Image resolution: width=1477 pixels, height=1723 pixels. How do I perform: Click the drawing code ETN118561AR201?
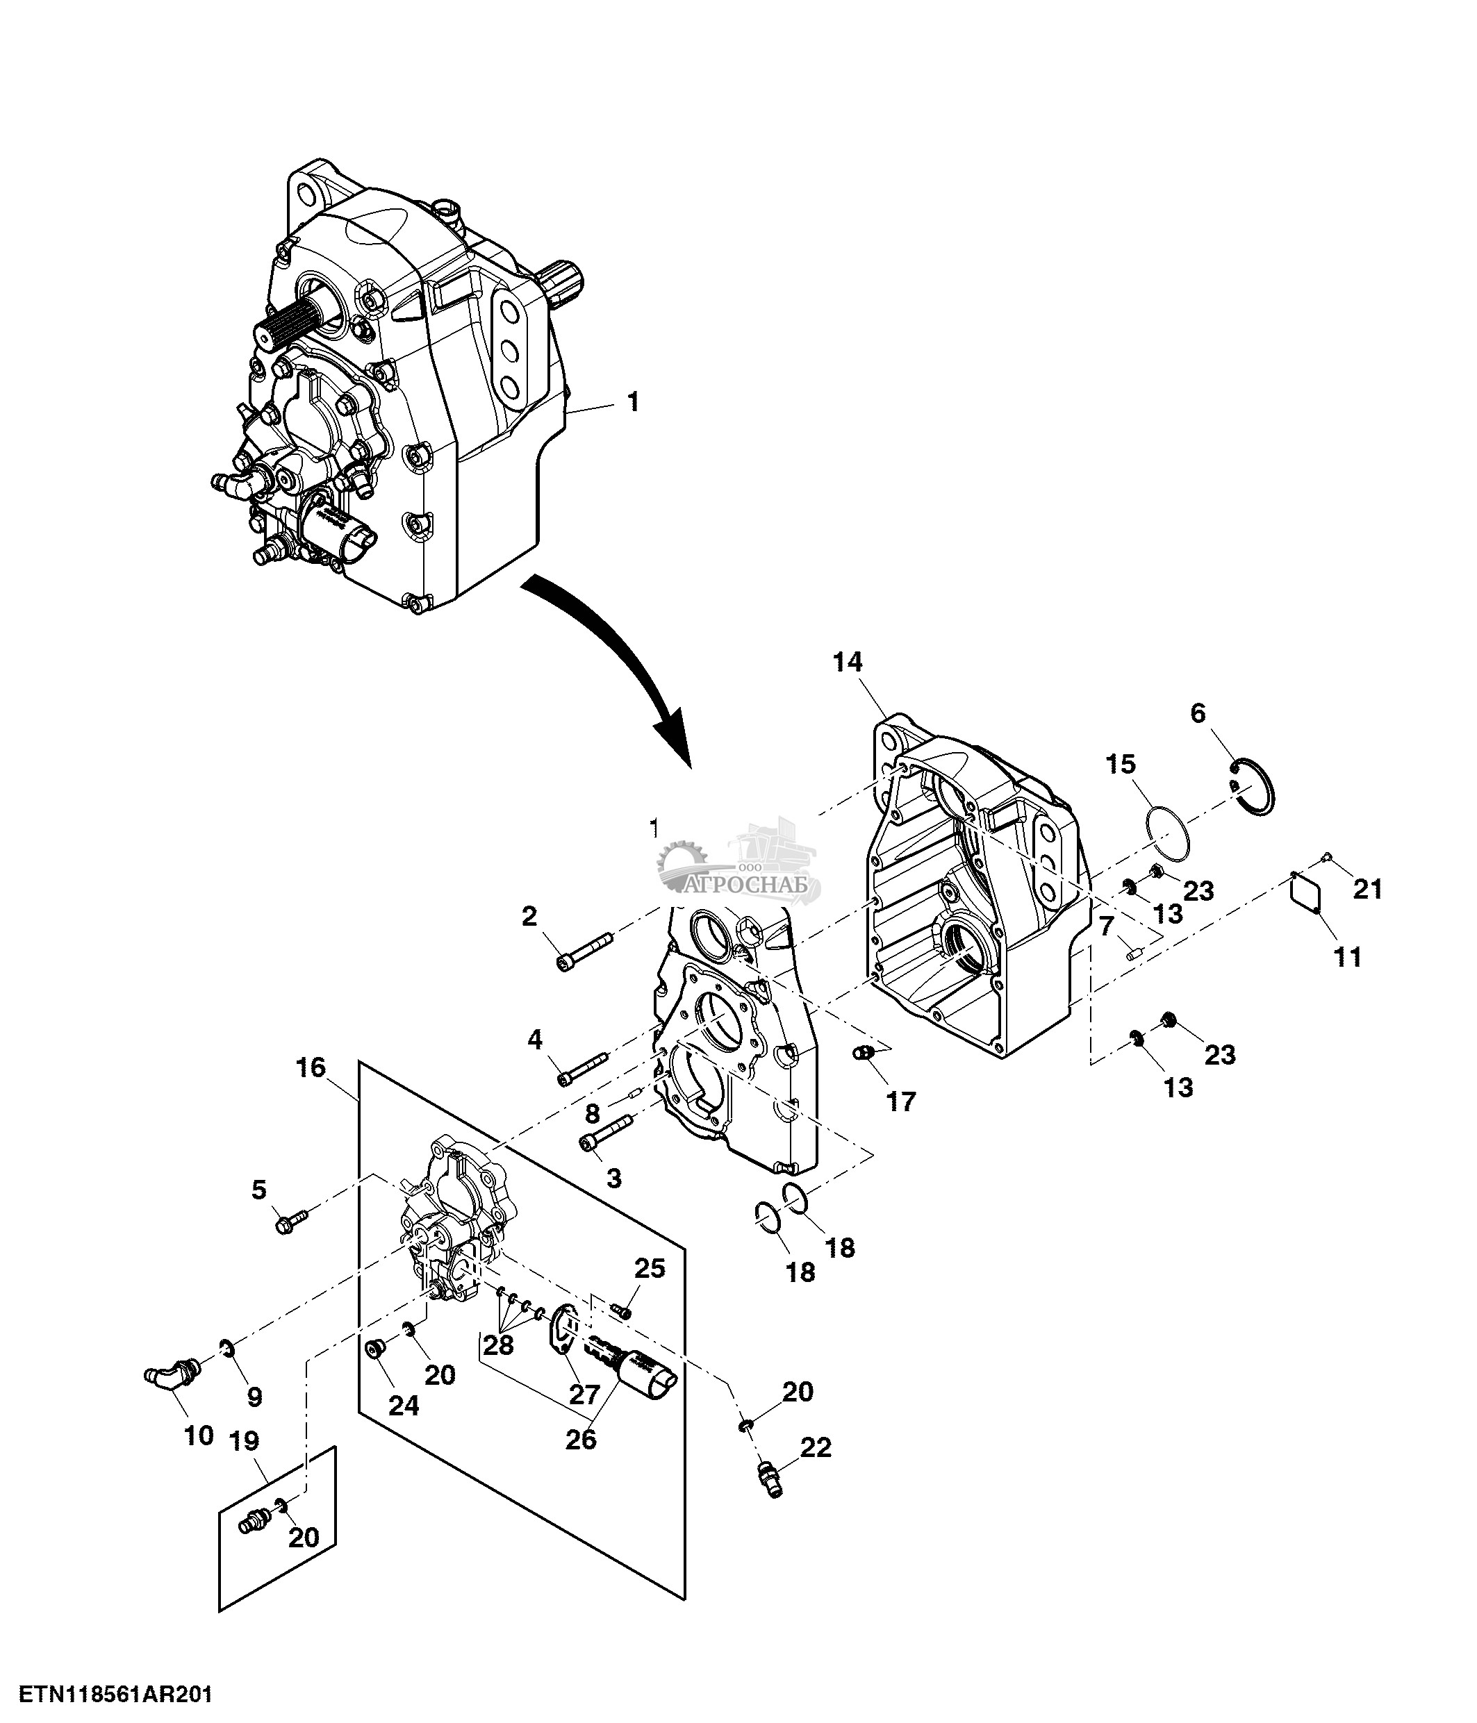coord(117,1694)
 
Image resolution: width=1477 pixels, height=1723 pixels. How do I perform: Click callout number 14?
coord(848,663)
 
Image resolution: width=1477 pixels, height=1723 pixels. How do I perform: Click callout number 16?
coord(311,1067)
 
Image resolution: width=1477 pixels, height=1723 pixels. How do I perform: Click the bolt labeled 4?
coord(583,1069)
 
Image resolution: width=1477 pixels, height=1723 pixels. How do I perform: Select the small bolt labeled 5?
coord(290,1222)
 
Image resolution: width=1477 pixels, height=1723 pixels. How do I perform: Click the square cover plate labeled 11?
coord(1305,896)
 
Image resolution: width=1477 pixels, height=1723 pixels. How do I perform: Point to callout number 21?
coord(1367,889)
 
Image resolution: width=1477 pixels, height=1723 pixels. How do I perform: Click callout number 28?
coord(498,1345)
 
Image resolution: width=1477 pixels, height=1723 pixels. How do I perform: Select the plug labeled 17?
coord(865,1054)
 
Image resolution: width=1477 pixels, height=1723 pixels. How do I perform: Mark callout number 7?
coord(1105,926)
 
